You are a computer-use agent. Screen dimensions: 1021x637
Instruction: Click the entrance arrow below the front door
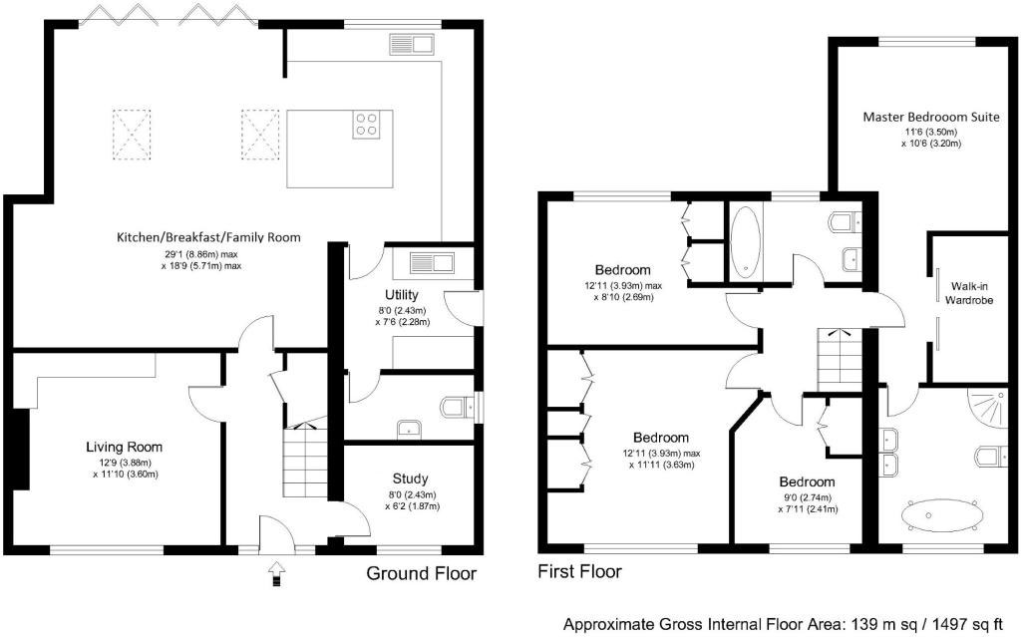pyautogui.click(x=277, y=573)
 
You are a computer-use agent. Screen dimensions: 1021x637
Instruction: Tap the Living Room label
pyautogui.click(x=125, y=447)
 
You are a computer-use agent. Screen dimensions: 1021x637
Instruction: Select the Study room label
pyautogui.click(x=410, y=478)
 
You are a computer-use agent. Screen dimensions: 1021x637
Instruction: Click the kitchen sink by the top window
pyautogui.click(x=412, y=44)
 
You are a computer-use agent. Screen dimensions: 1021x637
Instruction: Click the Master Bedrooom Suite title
pyautogui.click(x=931, y=118)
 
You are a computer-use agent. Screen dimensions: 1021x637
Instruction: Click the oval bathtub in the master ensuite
pyautogui.click(x=942, y=514)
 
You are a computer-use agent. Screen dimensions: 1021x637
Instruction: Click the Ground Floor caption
pyautogui.click(x=422, y=574)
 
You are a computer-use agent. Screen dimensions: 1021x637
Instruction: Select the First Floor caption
pyautogui.click(x=579, y=572)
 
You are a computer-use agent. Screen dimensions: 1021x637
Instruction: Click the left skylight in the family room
pyautogui.click(x=132, y=135)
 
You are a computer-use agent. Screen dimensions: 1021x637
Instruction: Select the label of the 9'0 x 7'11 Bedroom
pyautogui.click(x=808, y=481)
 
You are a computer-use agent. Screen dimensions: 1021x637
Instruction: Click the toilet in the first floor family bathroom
pyautogui.click(x=846, y=221)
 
